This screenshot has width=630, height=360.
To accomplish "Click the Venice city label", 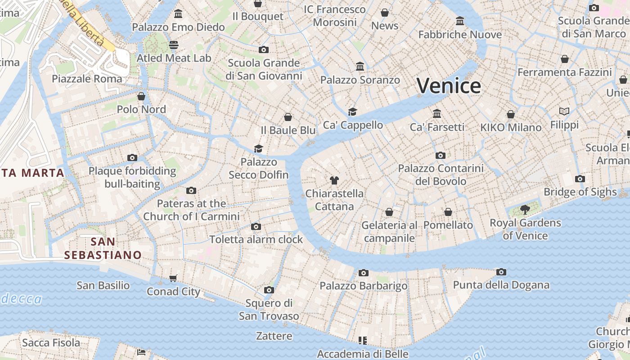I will (x=449, y=85).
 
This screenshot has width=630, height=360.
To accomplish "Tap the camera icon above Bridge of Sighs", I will (x=580, y=179).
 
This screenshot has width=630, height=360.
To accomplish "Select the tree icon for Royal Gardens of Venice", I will (x=525, y=209).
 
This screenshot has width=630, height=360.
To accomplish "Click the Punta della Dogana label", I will (x=501, y=285).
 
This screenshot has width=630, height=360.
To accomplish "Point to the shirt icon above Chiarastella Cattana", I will (x=334, y=180).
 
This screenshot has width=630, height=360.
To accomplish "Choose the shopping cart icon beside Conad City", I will (x=173, y=279).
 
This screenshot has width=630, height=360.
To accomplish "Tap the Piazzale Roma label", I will (x=87, y=79).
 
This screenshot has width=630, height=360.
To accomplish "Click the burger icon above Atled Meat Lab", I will (x=174, y=45).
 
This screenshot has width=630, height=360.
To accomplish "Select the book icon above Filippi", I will (x=564, y=111).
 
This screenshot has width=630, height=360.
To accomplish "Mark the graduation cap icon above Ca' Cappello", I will (x=352, y=112).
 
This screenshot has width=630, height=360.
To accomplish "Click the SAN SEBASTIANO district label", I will (x=103, y=248).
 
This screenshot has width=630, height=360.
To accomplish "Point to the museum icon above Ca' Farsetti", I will (x=437, y=113).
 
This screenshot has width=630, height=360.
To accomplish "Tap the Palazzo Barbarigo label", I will (x=363, y=286).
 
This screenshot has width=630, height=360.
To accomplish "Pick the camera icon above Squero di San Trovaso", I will (x=269, y=290).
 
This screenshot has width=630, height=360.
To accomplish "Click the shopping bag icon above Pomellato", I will (x=448, y=212).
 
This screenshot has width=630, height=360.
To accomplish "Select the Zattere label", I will (x=274, y=336).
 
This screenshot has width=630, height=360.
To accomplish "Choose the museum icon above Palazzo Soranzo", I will (x=360, y=67).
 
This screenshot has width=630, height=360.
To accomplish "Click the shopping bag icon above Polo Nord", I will (x=141, y=96).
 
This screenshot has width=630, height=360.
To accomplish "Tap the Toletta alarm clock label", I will (x=256, y=239).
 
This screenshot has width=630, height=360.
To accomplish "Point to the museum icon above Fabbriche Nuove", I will (x=460, y=21).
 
